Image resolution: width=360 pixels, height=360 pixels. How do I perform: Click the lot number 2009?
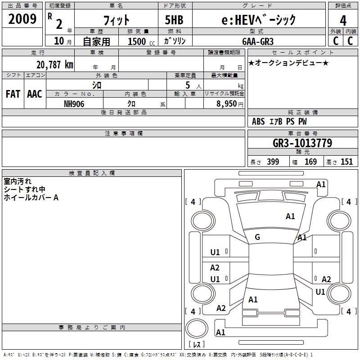(x=22, y=19)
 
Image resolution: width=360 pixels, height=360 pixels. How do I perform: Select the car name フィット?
(x=117, y=20)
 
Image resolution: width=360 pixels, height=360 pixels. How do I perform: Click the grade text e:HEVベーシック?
(x=259, y=20)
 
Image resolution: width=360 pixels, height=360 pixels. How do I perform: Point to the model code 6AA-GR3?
(x=257, y=41)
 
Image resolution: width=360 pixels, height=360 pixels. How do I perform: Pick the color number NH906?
(x=74, y=103)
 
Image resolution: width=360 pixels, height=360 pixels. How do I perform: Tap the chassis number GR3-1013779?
(x=302, y=143)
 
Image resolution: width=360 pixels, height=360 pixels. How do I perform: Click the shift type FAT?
(x=13, y=94)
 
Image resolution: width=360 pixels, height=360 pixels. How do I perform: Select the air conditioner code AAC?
(x=35, y=94)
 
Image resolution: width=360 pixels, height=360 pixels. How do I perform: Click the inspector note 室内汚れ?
(x=18, y=181)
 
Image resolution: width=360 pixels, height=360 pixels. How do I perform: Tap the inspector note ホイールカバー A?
(x=31, y=197)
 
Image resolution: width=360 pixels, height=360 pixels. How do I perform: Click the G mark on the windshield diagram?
(x=257, y=237)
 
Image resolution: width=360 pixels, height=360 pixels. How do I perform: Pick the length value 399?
(x=273, y=162)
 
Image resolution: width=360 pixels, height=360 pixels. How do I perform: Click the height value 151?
(x=346, y=162)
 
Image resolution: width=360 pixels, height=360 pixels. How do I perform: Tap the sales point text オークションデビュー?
(x=288, y=63)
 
